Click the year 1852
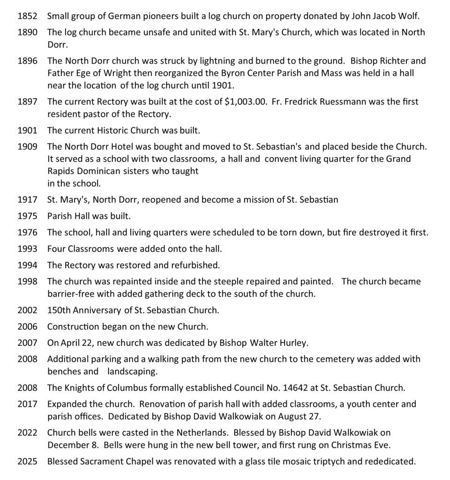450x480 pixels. coord(27,16)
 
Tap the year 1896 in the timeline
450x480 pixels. coord(27,61)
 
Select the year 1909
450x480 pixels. coord(27,147)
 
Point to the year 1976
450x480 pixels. coord(27,232)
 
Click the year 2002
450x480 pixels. coord(27,310)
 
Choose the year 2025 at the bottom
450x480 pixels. coord(27,461)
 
